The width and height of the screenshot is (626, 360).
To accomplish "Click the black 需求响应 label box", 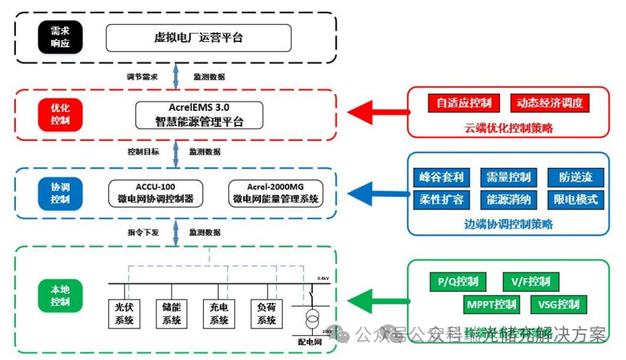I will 60,38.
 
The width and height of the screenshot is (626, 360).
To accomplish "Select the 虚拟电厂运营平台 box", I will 198,38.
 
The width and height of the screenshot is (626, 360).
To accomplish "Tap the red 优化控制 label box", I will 60,114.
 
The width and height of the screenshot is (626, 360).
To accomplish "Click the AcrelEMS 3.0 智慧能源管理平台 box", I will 199,115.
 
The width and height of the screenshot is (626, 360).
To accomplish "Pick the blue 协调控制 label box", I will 60,193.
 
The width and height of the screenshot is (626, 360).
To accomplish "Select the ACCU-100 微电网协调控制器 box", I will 155,193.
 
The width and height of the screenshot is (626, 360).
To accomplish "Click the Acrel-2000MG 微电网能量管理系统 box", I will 275,193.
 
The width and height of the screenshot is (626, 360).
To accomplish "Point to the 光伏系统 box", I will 124,313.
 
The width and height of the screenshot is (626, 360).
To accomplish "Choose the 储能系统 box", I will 171,313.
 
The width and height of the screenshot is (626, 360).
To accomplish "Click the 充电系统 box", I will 219,313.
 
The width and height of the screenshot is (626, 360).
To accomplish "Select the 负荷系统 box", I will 266,313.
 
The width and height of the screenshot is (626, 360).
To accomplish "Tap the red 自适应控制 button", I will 463,103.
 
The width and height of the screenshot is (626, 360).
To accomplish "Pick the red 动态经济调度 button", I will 550,103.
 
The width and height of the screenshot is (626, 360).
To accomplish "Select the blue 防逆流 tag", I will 575,178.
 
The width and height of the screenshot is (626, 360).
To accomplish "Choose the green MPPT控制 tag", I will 492,305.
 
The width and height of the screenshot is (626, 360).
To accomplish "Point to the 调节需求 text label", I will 142,77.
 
